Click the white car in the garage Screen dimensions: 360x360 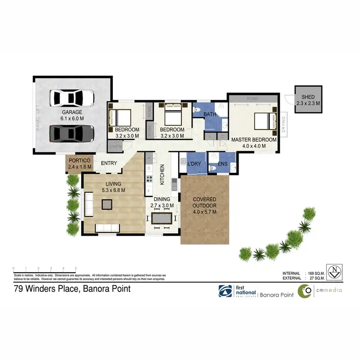[72, 98]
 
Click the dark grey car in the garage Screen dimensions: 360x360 [72, 132]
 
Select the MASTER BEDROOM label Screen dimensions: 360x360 [254, 140]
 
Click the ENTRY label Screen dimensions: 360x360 [109, 163]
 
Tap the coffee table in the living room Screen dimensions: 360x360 [107, 204]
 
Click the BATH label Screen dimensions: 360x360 [210, 114]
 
